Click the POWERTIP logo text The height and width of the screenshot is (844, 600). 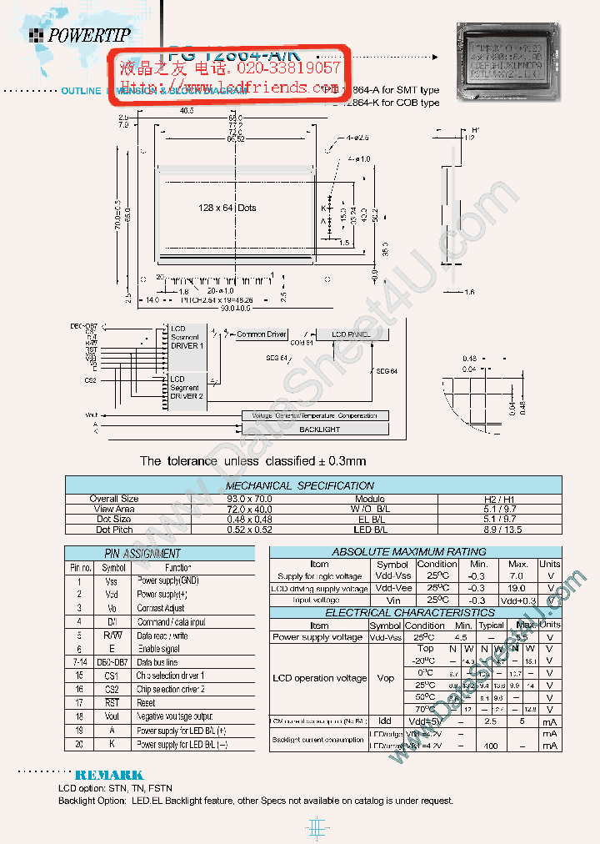tap(88, 35)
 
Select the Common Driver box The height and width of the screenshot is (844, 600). tap(261, 334)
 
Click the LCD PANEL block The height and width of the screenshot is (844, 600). tap(350, 334)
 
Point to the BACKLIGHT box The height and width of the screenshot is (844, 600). tap(319, 429)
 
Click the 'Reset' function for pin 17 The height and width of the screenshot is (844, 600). tap(147, 703)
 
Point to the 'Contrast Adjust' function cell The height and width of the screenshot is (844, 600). tap(161, 608)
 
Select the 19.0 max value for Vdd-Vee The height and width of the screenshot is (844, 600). tap(517, 588)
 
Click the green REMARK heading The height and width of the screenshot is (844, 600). tap(109, 775)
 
